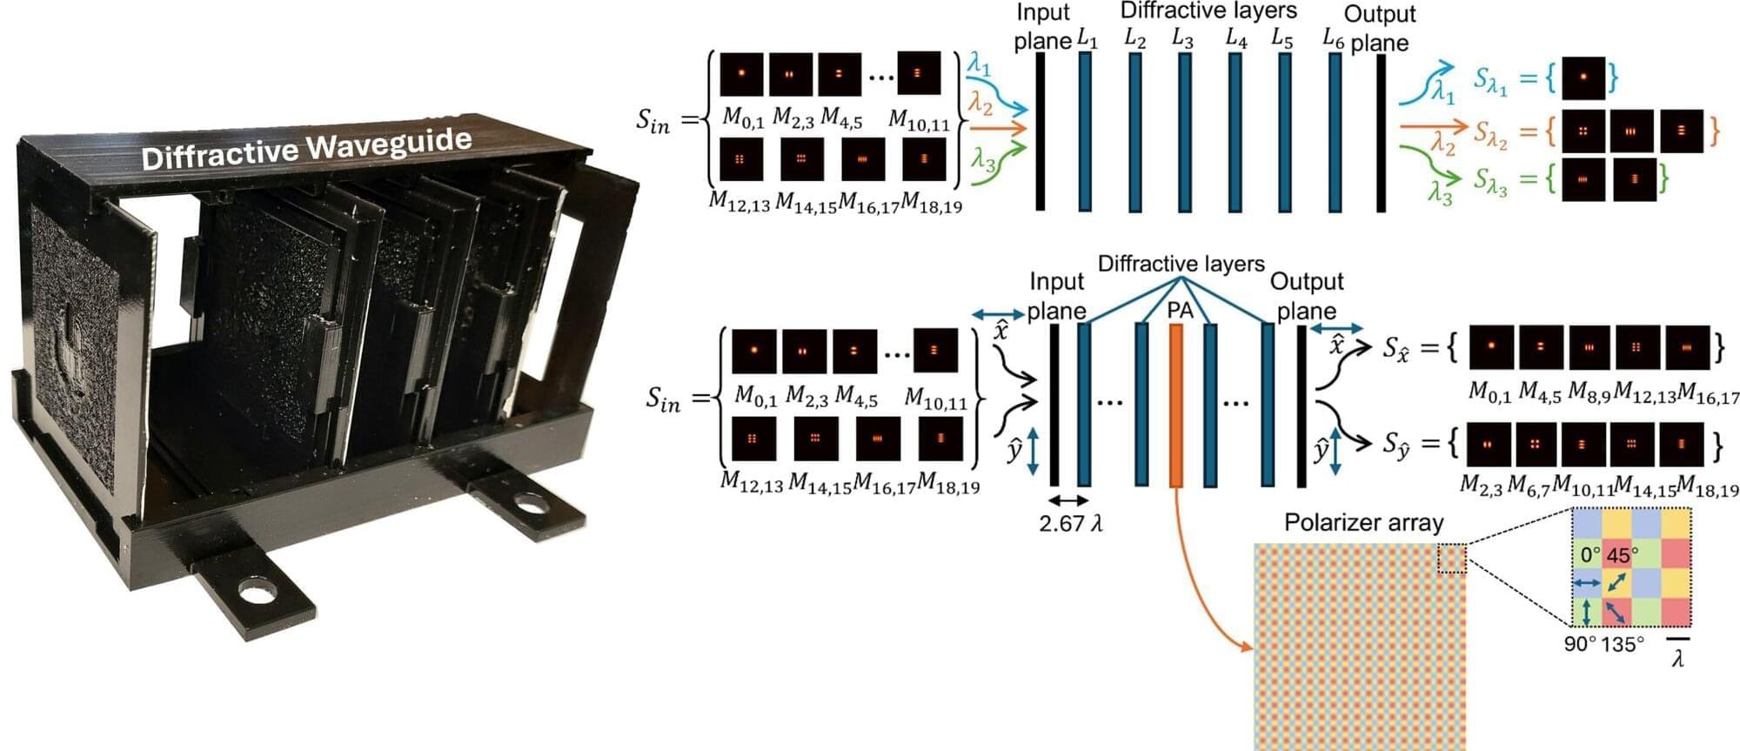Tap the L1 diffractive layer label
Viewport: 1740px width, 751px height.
coord(1087,38)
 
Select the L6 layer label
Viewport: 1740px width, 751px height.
coord(1333,37)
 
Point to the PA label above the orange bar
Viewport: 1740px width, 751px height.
coord(1180,311)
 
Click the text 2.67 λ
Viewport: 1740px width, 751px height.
coord(1070,523)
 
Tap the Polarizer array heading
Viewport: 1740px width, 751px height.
coord(1363,522)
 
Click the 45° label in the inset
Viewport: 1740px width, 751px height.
coord(1623,554)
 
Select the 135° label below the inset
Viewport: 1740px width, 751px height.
coord(1623,645)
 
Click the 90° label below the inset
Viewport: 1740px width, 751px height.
coord(1580,645)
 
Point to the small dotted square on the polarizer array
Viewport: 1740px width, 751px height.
coord(1451,559)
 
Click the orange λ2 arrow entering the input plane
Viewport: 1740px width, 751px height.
coord(997,128)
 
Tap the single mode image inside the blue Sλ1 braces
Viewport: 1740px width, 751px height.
coord(1583,77)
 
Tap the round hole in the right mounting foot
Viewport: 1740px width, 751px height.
coord(525,503)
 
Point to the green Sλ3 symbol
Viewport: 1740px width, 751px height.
coord(1489,181)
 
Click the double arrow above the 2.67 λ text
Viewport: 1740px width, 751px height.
coord(1067,500)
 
